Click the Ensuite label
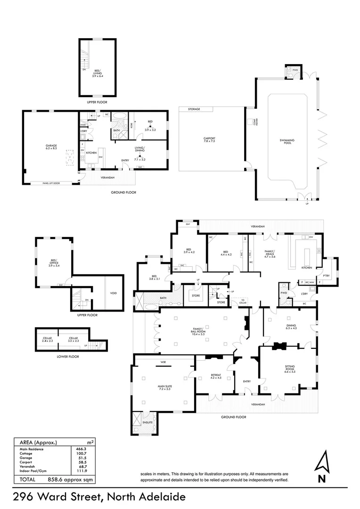point(148,423)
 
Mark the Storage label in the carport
point(194,109)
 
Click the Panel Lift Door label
point(51,183)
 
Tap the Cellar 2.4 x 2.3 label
point(47,339)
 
